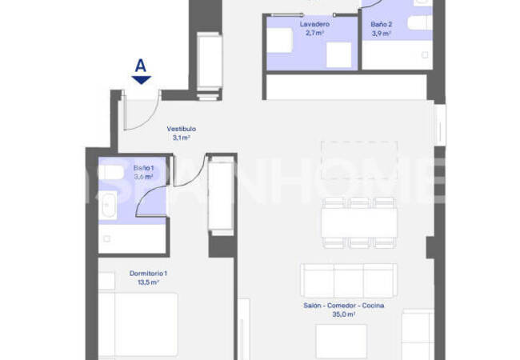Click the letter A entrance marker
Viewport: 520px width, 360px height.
point(141,66)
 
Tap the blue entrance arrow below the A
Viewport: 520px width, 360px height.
point(142,80)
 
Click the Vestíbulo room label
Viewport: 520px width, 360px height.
point(182,129)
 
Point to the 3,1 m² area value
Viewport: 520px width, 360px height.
point(181,138)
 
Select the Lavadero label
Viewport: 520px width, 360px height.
point(314,24)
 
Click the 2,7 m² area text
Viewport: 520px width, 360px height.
point(314,33)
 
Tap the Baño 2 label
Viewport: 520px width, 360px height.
point(382,24)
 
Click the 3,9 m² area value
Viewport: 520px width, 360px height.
point(382,33)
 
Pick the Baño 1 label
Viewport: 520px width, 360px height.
point(143,168)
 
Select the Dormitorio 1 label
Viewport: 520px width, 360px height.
point(148,274)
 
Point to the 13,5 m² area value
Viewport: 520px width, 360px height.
point(148,282)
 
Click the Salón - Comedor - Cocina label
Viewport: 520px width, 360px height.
point(344,306)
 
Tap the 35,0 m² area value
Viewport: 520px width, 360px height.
point(344,314)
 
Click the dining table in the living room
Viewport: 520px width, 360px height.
point(359,222)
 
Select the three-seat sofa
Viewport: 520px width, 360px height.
point(349,281)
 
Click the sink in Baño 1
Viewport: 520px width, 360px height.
point(109,206)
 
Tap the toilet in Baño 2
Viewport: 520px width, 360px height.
point(419,22)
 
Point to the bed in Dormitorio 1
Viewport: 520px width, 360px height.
point(138,324)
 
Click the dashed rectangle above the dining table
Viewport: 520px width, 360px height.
point(359,161)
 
